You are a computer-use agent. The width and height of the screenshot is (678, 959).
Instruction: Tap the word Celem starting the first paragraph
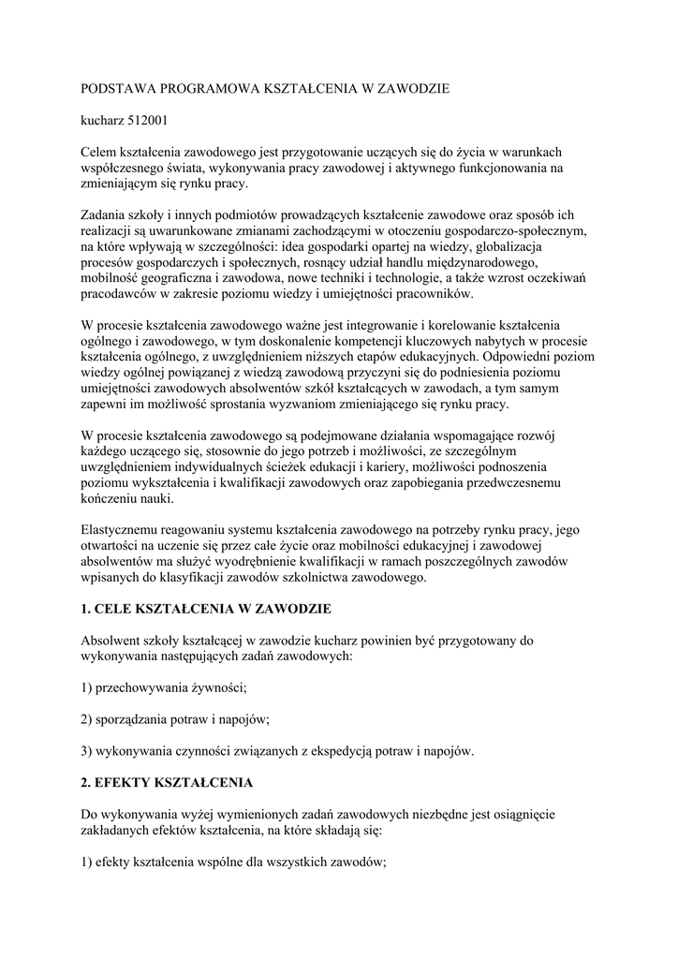100,152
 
